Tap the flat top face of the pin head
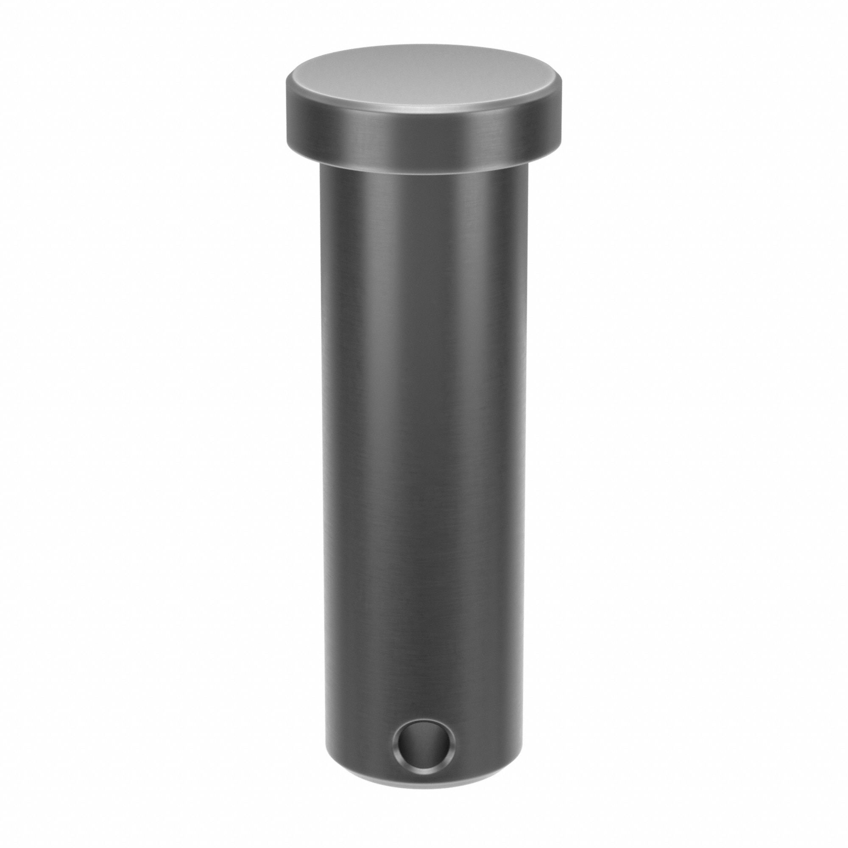[424, 84]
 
